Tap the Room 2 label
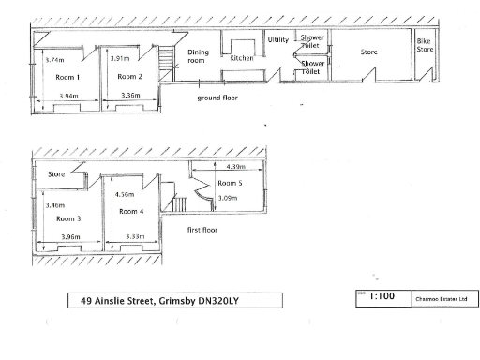coord(127,77)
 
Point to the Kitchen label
coord(242,58)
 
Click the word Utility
coord(278,40)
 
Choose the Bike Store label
coord(427,46)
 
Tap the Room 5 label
coord(231,183)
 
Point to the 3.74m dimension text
coord(54,59)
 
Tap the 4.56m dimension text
coord(122,194)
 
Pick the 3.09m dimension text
coord(227,198)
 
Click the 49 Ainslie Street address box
coord(175,301)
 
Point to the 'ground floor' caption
coord(217,97)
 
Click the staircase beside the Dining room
coord(166,63)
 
